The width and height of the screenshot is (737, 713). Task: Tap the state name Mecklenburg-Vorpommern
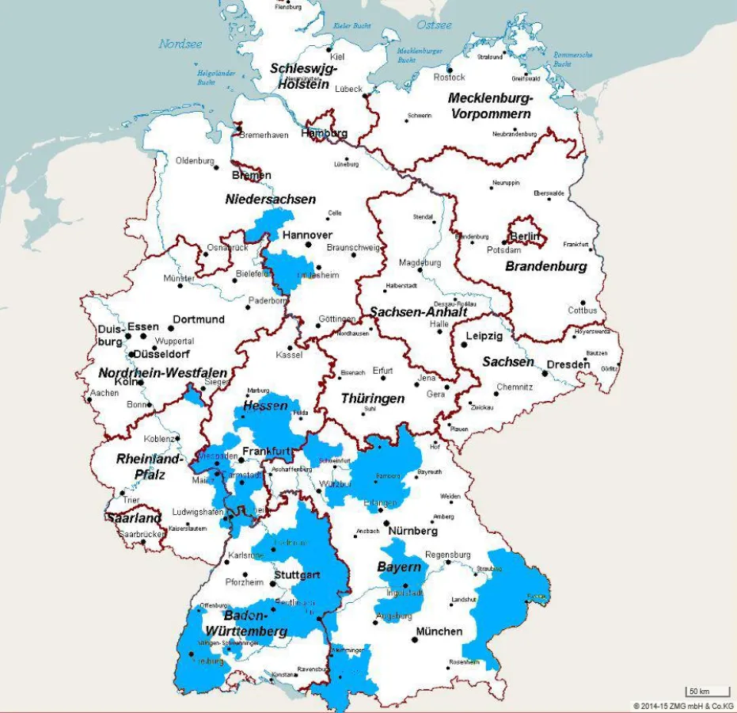pos(490,105)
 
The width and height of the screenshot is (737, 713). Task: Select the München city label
pos(439,631)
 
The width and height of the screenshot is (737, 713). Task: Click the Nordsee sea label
pos(181,44)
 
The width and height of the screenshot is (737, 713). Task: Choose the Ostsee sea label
pos(434,25)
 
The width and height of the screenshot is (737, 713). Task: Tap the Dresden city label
pos(568,364)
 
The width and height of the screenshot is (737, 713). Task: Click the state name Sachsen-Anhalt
pos(418,311)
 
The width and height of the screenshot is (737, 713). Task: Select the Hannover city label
pos(307,235)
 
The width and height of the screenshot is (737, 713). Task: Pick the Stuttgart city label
pos(297,574)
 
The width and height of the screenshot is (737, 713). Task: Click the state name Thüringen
pos(372,398)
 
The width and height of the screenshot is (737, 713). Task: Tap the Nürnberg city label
pos(412,530)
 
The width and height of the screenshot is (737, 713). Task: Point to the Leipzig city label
pos(484,336)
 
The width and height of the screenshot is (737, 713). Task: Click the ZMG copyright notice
pos(683,706)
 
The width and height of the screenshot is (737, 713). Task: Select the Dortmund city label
pos(199,319)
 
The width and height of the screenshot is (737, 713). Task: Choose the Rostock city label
pos(450,77)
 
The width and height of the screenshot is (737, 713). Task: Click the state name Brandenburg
pos(546,266)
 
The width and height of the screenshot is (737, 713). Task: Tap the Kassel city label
pos(290,354)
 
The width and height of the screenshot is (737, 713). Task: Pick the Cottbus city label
pos(583,310)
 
